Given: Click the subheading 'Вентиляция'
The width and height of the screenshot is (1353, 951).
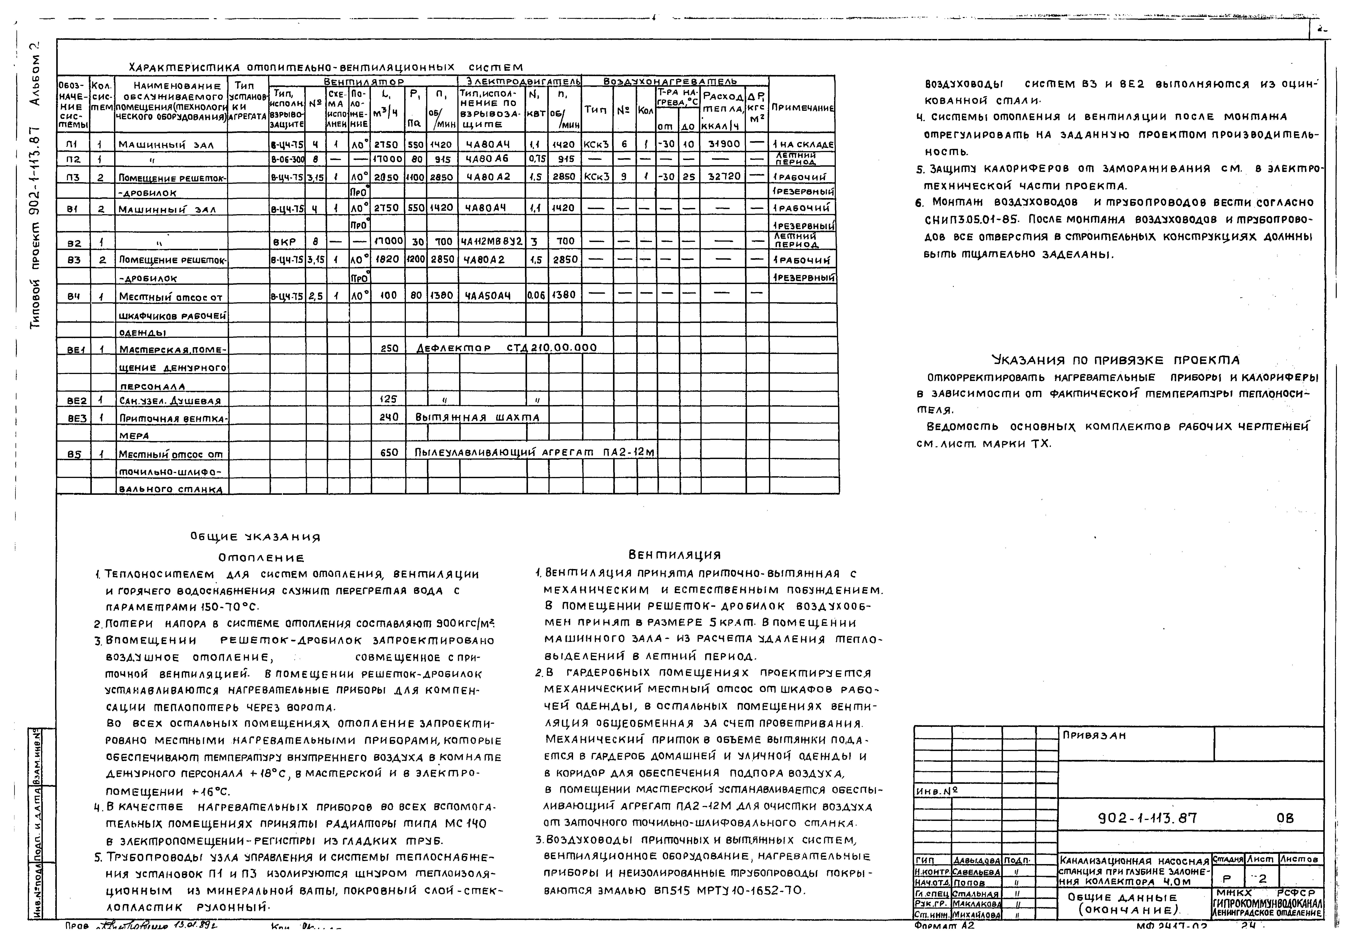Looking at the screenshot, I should pos(675,555).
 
